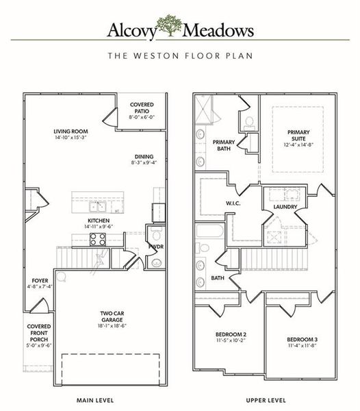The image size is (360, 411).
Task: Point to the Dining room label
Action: pos(144,156)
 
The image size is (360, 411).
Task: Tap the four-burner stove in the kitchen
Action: pos(97,239)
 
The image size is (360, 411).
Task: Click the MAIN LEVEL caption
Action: pos(95,399)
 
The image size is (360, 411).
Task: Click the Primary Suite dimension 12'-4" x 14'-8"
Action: pos(298,145)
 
